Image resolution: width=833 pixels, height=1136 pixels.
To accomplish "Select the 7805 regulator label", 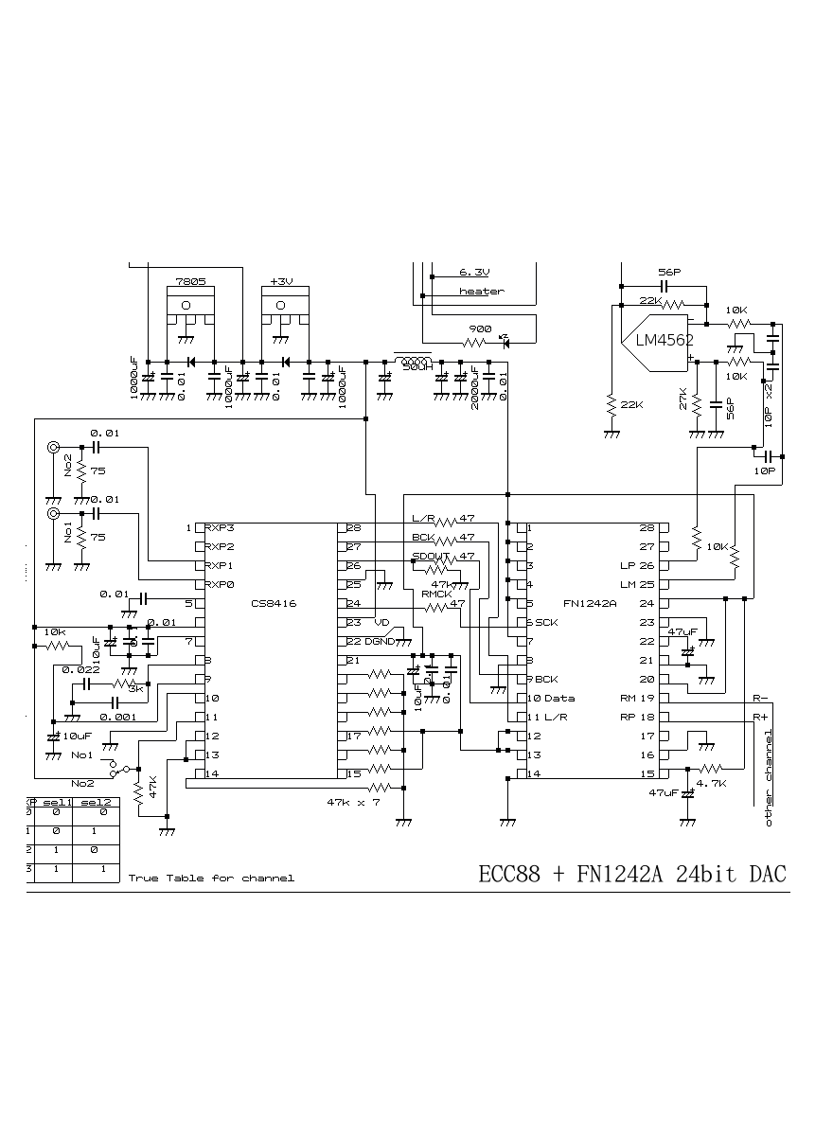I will coord(190,282).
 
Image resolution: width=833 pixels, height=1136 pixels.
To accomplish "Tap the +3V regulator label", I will coord(281,282).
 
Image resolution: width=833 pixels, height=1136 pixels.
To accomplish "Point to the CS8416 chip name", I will coord(274,603).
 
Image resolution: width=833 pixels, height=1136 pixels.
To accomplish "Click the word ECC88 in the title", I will coord(510,874).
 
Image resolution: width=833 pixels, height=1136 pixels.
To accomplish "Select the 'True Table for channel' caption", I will coord(211,879).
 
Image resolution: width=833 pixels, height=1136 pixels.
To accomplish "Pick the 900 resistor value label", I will coord(480,328).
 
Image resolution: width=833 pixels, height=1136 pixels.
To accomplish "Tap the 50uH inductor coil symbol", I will coord(412,361).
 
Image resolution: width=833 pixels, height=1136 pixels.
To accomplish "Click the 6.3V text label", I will coord(475,272).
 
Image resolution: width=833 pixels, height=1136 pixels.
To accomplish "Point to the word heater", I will coord(481,292).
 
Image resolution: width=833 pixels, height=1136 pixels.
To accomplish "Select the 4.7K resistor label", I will coord(711,784).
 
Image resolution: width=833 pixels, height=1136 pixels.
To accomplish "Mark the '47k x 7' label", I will coord(353,802).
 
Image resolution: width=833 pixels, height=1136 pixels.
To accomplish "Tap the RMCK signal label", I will coord(435,594).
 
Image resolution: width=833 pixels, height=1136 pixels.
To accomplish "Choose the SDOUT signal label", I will coord(431,557).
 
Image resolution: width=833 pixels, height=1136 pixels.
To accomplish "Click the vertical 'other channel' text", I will coord(769,778).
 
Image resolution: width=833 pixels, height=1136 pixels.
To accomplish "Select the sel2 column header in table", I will coord(96,802).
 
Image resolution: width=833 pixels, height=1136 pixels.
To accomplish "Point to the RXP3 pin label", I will coord(221,527).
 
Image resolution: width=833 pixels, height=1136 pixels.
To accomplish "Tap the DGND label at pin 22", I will coord(381,641).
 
